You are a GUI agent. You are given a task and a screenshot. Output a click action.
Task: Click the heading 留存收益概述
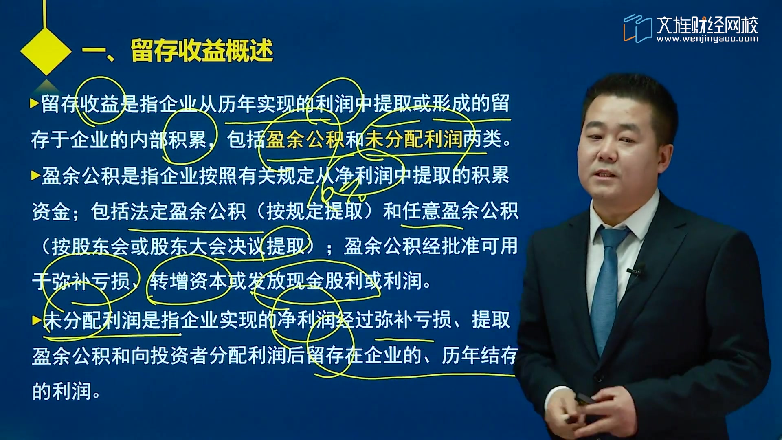pos(202,51)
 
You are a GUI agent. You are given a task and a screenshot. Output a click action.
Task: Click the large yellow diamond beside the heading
pos(46,52)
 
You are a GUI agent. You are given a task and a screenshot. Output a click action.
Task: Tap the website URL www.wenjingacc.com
pos(707,39)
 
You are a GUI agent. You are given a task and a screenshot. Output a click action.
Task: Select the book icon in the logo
pos(637,28)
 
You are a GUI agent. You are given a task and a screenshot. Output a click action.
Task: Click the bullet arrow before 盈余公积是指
pos(35,176)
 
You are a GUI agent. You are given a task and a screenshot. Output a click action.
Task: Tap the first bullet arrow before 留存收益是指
pos(35,103)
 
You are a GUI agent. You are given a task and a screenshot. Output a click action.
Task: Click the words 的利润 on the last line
pos(62,391)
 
